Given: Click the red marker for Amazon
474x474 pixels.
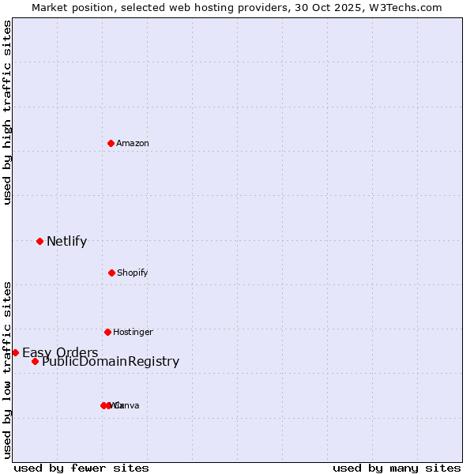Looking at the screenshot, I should click(111, 143).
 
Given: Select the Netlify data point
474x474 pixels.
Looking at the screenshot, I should click(39, 241).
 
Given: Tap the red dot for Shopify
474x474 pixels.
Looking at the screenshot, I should click(111, 273).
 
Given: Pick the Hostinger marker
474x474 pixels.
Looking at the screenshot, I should click(107, 332).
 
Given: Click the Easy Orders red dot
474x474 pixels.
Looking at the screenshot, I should click(15, 352).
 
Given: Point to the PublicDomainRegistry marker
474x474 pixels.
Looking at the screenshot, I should click(35, 361).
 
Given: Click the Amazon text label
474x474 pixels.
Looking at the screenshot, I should click(133, 143).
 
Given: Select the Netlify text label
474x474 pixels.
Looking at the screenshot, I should click(66, 242).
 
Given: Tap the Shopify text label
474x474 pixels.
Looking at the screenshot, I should click(133, 273).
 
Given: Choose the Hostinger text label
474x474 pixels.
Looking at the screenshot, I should click(133, 332).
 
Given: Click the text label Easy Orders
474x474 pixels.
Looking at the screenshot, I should click(60, 352).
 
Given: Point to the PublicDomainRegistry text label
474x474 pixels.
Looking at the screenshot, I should click(111, 362).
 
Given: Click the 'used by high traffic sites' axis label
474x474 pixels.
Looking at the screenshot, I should click(8, 112).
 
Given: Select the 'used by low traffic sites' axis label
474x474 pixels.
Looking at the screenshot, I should click(8, 370).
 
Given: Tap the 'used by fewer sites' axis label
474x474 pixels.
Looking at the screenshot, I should click(81, 468).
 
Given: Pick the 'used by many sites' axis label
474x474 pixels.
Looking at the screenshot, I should click(397, 468).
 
